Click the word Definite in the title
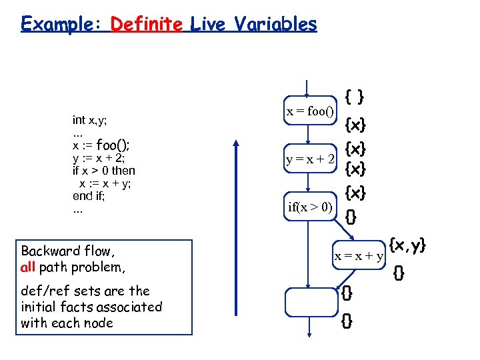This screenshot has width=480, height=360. point(147,25)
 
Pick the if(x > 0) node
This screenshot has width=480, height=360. point(309,207)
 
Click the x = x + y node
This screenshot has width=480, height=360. point(359,256)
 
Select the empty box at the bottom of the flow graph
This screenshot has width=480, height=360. point(309,302)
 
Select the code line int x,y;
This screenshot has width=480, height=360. point(90,120)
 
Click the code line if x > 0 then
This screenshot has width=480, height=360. point(103,171)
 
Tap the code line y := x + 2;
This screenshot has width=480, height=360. point(99,158)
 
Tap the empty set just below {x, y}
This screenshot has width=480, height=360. point(399,272)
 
